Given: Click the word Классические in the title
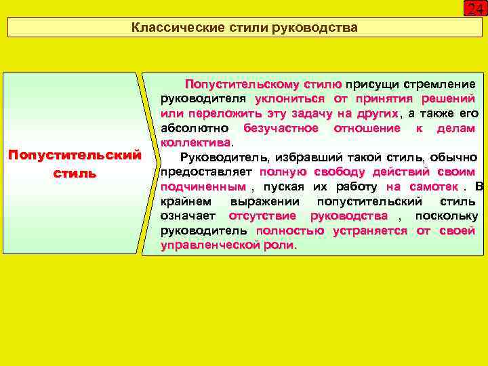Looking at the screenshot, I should point(166,28).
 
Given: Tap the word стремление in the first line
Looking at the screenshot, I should point(439,85).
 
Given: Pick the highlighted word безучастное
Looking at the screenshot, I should point(281,128).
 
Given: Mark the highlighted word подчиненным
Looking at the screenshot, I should point(203,186).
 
